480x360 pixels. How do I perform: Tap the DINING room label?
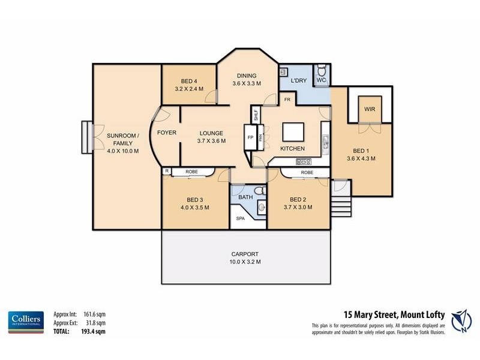click(x=246, y=76)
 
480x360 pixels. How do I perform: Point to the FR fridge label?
click(x=287, y=100)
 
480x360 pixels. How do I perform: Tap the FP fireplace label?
click(x=250, y=137)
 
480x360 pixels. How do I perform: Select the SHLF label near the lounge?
click(x=256, y=115)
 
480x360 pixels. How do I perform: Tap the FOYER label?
click(x=166, y=133)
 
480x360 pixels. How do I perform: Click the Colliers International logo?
click(x=26, y=322)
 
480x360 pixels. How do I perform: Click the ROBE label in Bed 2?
click(x=307, y=172)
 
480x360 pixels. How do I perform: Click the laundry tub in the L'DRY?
click(x=283, y=71)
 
